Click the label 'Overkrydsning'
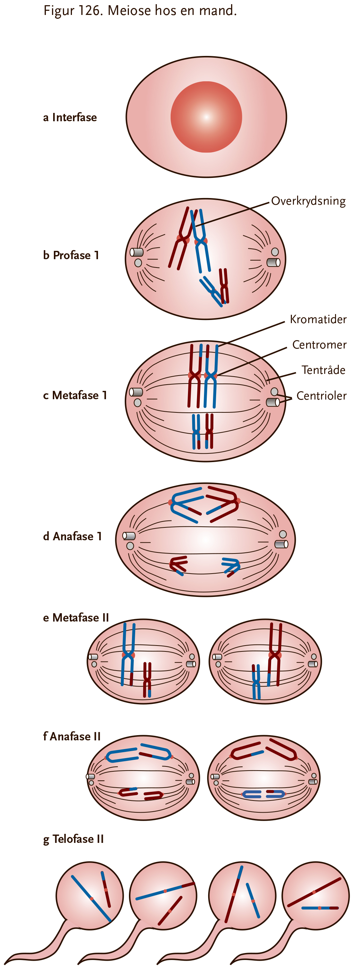[308, 201]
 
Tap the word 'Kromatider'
[318, 319]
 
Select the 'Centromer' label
[319, 345]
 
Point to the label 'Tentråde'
[324, 370]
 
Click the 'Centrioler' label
[322, 396]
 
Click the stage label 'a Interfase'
[70, 117]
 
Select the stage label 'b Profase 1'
[71, 255]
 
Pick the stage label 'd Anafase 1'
[73, 536]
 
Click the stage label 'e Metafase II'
[76, 618]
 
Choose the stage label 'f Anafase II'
[72, 736]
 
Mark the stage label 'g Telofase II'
[73, 839]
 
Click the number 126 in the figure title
[89, 10]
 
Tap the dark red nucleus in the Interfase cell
[206, 117]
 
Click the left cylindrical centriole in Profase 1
[137, 252]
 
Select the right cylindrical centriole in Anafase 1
[281, 544]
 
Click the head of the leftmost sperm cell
[90, 895]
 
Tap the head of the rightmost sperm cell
[316, 895]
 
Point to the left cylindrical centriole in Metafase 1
[136, 392]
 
